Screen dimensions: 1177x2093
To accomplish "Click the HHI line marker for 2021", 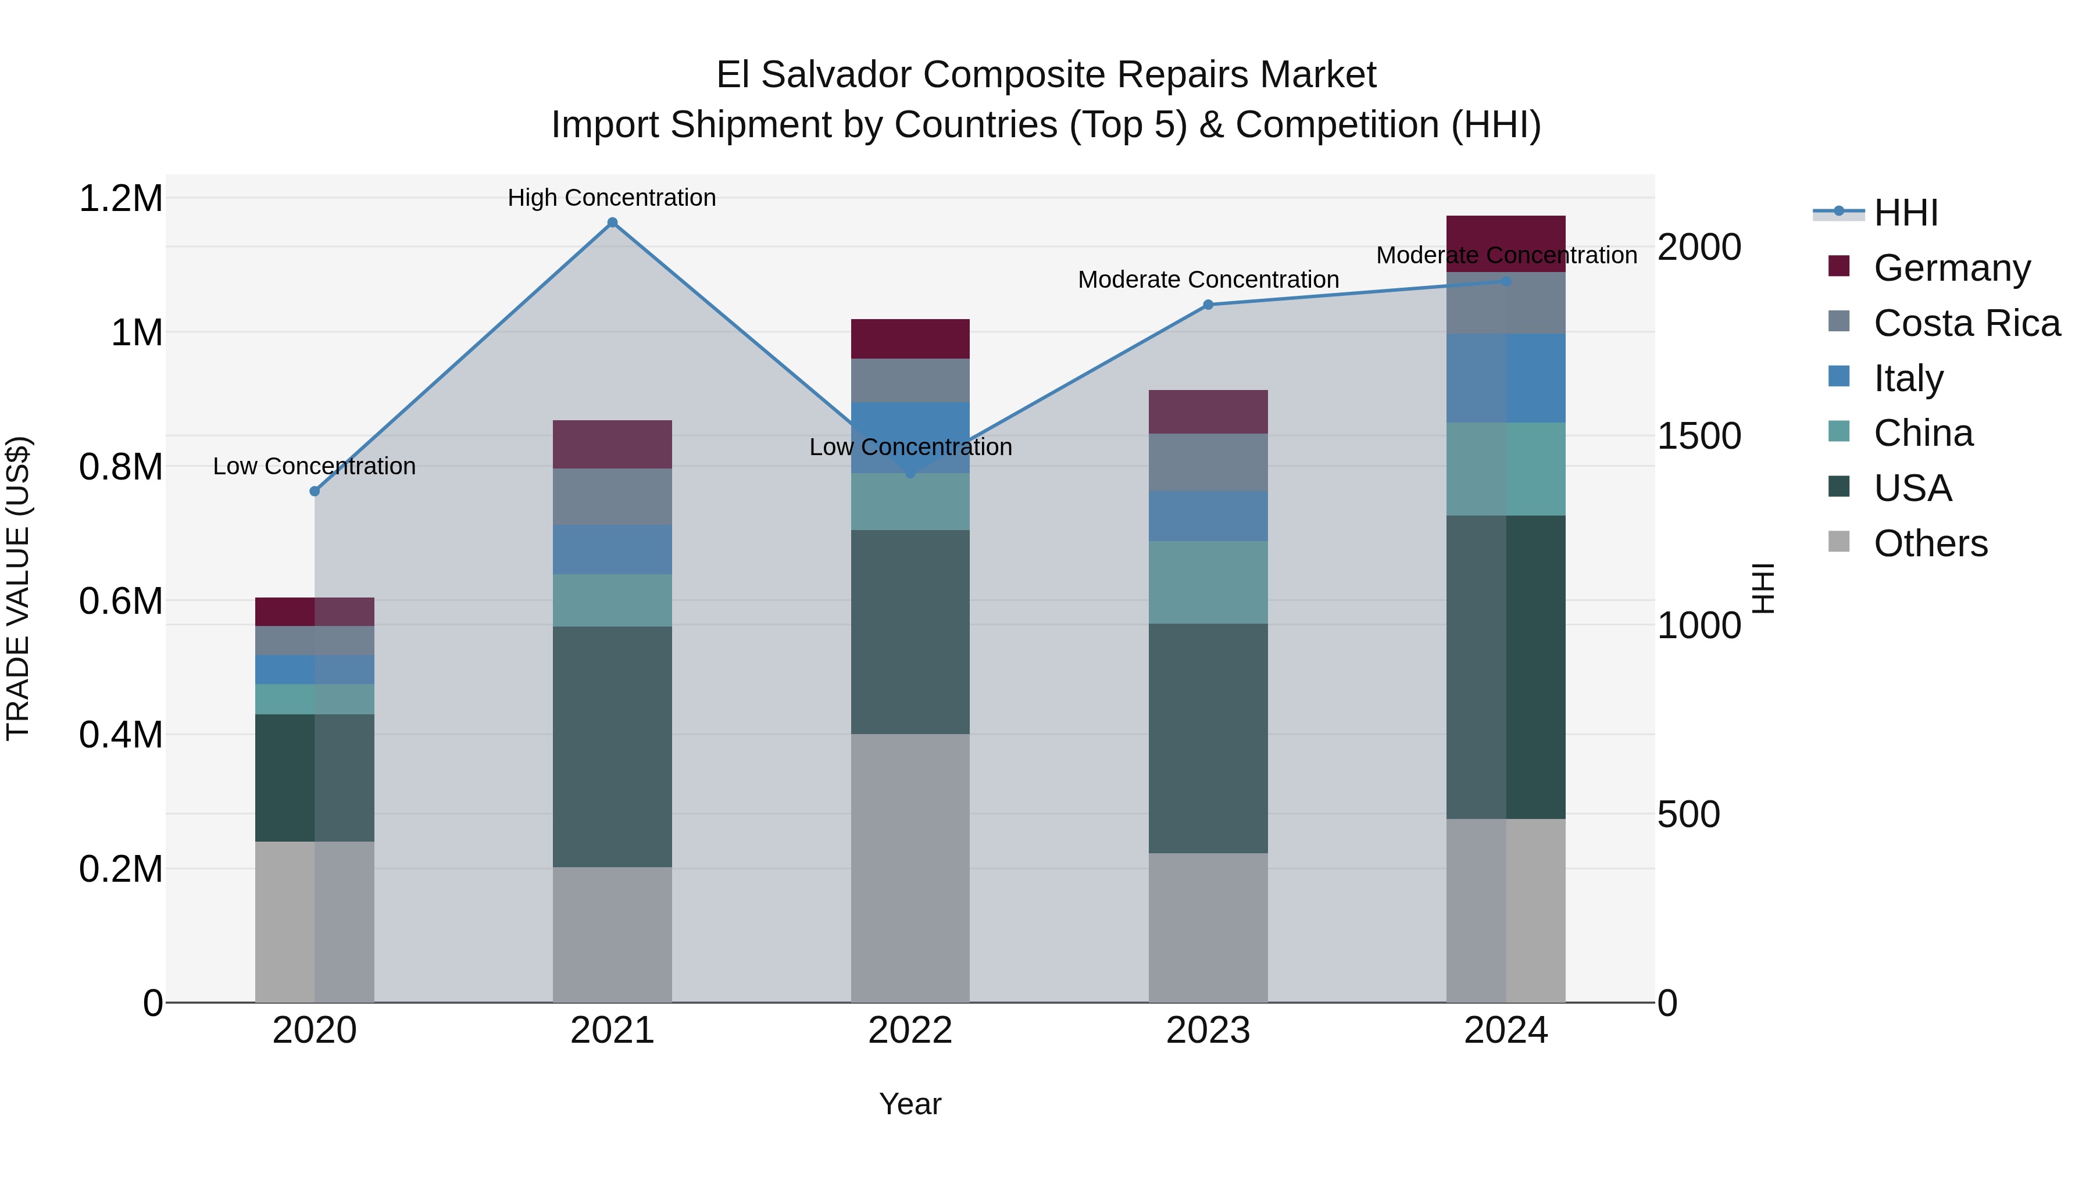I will (x=613, y=223).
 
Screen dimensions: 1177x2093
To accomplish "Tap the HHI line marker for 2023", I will (x=1208, y=305).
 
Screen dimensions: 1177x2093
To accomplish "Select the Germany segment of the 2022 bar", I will (x=910, y=339).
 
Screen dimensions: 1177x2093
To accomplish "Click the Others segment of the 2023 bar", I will (x=1208, y=928).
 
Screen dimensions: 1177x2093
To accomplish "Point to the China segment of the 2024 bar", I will (x=1506, y=468).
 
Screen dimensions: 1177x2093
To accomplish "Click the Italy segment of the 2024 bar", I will (x=1506, y=378).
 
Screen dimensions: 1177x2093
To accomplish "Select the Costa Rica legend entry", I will (x=1966, y=323).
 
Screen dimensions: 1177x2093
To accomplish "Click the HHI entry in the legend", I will (x=1905, y=213).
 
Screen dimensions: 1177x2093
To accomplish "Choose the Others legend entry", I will (x=1930, y=543).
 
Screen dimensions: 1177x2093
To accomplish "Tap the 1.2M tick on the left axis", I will (x=120, y=199).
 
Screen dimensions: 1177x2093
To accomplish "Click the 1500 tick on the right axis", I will (x=1699, y=436).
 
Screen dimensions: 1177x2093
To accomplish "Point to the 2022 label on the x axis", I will (x=910, y=1031).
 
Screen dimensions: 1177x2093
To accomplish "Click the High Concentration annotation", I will (x=612, y=198).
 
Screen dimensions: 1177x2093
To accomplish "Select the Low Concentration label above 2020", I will (x=315, y=466).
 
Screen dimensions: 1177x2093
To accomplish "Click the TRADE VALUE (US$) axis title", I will (x=18, y=588).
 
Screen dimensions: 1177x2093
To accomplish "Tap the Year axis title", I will (x=910, y=1104).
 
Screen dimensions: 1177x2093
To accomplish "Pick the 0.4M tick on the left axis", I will (x=120, y=735).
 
